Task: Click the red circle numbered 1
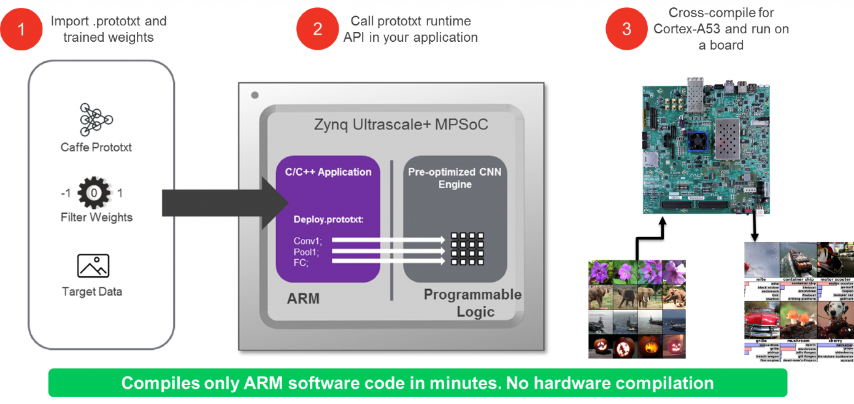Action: coord(21,29)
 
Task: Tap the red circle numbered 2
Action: coord(317,29)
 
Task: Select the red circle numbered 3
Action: coord(626,29)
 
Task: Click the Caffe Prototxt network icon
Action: coord(96,120)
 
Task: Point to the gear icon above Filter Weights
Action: coord(95,192)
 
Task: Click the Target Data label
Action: coord(92,291)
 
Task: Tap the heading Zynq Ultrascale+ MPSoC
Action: coord(401,124)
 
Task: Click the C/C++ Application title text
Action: coord(328,172)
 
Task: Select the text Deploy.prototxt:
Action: coord(329,220)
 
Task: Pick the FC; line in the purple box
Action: coord(301,263)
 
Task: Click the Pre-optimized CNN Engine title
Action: coord(455,178)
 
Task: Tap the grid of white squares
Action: coord(467,249)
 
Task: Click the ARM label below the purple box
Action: coord(303,298)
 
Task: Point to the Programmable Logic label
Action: coord(473,303)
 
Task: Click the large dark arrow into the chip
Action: coord(225,203)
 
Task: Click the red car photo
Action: coord(761,321)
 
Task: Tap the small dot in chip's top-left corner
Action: coord(255,95)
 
